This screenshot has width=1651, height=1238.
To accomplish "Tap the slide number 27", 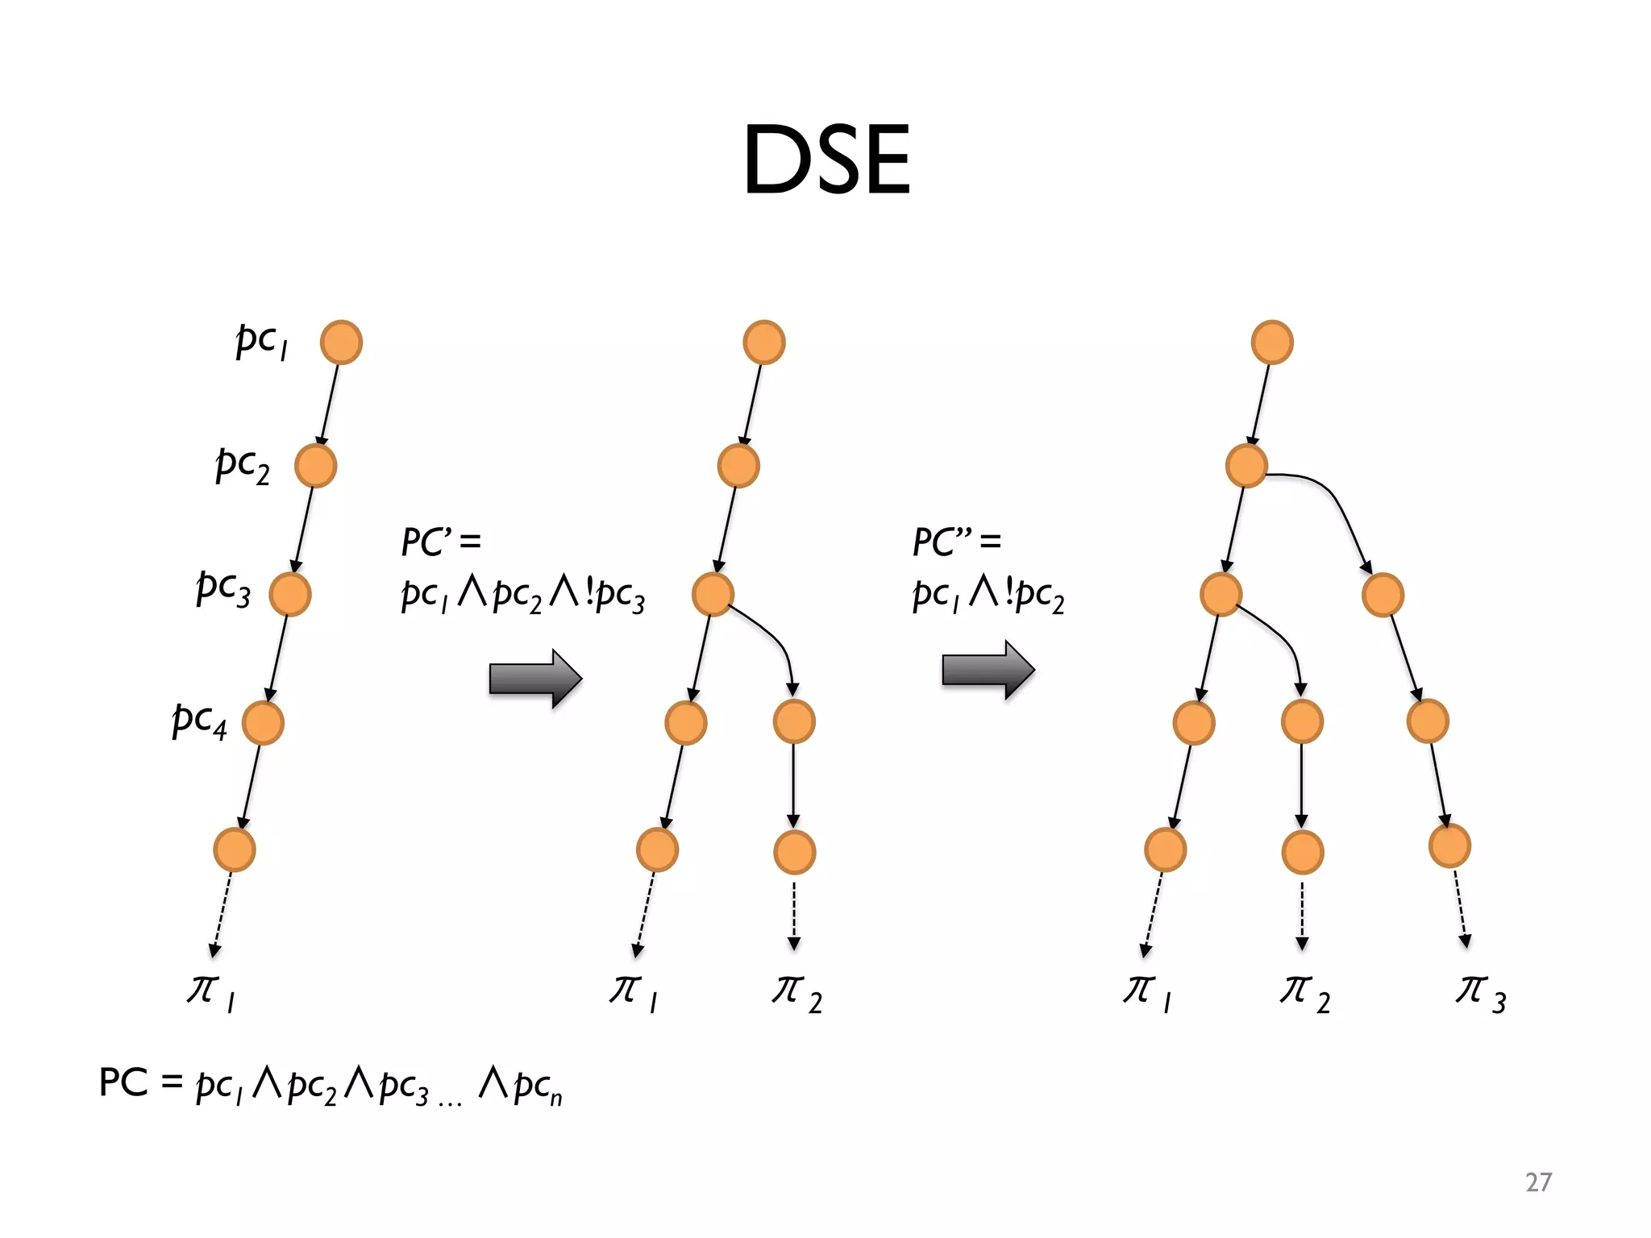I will tap(1538, 1182).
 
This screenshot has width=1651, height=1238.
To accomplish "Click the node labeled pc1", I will tap(341, 343).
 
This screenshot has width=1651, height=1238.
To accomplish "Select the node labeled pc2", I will tap(315, 466).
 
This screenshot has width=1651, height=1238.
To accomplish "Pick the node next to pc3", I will tap(289, 595).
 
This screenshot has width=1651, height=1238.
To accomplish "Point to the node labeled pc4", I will tap(263, 722).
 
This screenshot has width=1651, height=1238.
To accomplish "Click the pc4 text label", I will tap(199, 720).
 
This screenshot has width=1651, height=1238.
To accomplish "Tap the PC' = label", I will tap(441, 542).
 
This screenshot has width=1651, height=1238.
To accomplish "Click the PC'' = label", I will tap(956, 542).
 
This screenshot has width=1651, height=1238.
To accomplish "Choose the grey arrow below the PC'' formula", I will tap(988, 670).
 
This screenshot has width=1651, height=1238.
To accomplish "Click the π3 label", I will tap(1480, 994).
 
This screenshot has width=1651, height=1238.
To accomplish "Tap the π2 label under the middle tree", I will tap(796, 994).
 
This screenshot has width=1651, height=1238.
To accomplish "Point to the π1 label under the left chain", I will tap(210, 994).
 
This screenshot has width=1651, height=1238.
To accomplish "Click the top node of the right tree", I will tap(1272, 343).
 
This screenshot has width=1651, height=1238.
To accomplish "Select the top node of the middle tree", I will tap(763, 343).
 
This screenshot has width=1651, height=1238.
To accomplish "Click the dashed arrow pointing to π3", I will tap(1461, 908).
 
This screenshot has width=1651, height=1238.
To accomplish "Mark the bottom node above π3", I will tap(1449, 846).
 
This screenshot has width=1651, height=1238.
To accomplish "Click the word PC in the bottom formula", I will tap(123, 1082).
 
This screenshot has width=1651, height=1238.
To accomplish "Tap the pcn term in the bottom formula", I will tap(537, 1087).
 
